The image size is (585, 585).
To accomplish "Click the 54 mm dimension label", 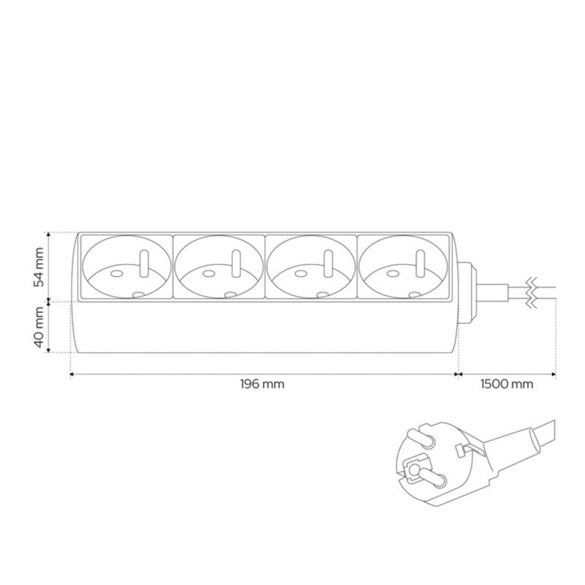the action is click(39, 267).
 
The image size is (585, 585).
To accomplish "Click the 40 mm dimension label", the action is click(39, 327).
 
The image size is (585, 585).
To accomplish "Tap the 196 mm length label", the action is click(263, 383).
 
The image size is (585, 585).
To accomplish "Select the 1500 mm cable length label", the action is click(507, 383).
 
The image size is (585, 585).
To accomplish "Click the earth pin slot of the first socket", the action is click(143, 264).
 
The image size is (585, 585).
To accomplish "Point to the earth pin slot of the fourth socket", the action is click(420, 264).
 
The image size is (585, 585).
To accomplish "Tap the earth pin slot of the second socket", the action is click(235, 264).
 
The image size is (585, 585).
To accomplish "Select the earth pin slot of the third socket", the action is click(328, 264).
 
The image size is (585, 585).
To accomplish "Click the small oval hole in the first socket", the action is click(116, 273).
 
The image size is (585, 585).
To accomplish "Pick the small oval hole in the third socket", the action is click(301, 273).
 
